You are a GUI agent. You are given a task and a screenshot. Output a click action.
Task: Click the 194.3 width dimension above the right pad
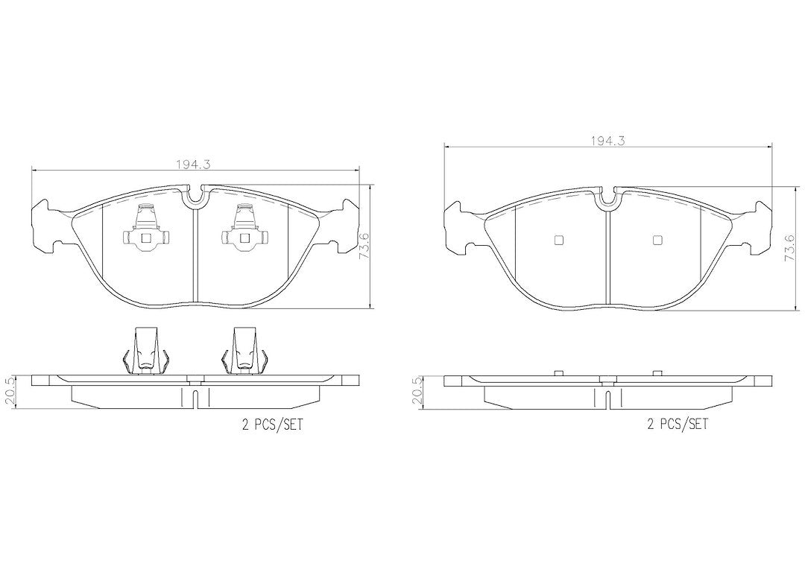click(607, 142)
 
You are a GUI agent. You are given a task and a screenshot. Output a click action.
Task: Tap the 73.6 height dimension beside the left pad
click(365, 247)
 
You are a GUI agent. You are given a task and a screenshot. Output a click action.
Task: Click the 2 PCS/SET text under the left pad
click(272, 425)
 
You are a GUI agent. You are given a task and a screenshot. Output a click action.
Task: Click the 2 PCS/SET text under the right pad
click(677, 424)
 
